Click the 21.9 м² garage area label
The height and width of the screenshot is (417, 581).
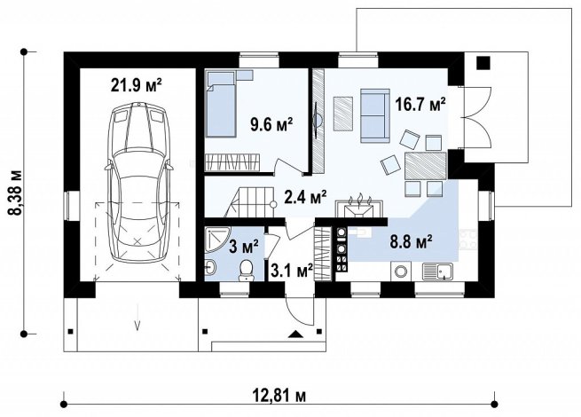click(136, 85)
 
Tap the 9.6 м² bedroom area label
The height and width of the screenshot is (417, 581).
click(271, 124)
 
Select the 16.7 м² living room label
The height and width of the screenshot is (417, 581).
click(420, 104)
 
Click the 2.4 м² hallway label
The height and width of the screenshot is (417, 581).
click(305, 196)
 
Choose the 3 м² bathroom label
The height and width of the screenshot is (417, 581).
click(243, 246)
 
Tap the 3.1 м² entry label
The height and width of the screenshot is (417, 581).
click(292, 271)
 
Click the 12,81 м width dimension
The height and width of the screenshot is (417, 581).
click(279, 396)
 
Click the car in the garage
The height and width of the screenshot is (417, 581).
click(137, 182)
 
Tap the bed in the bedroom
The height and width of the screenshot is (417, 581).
click(221, 104)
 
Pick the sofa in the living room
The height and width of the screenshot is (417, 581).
click(375, 115)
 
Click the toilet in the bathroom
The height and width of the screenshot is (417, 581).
click(246, 271)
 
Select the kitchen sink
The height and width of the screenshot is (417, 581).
click(437, 271)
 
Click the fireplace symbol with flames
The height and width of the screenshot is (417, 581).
click(359, 208)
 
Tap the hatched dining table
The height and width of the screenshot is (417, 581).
click(426, 166)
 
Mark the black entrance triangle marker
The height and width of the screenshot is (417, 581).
click(295, 334)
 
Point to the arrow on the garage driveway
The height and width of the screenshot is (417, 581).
click(137, 316)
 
